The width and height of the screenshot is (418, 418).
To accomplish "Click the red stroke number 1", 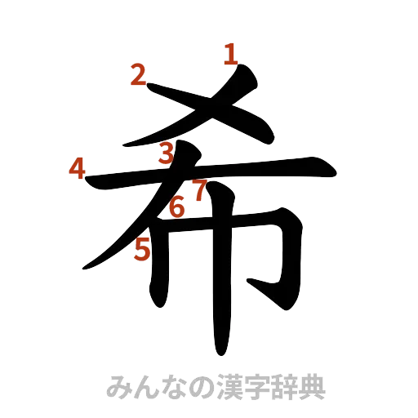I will click(230, 56).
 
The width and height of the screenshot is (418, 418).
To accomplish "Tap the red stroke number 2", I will click(139, 77).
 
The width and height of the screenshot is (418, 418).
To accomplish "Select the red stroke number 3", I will click(167, 153).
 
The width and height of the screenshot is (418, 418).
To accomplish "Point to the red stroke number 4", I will click(77, 169).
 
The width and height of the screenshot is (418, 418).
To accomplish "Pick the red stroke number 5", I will click(143, 248).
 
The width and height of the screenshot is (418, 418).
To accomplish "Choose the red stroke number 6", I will click(176, 208).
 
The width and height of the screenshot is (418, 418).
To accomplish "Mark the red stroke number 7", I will click(198, 191).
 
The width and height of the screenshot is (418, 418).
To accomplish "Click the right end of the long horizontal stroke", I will click(333, 168).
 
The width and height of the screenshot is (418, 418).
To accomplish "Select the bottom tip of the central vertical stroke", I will click(220, 353).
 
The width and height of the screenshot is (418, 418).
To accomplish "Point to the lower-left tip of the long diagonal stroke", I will click(81, 268).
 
